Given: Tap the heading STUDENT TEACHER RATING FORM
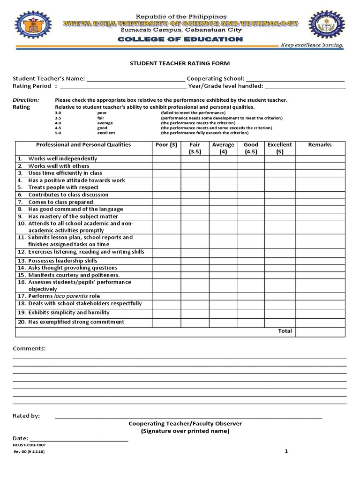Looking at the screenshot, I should pos(180,63).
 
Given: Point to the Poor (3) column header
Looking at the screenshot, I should pos(166,145).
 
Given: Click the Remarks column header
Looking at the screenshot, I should pos(320,145).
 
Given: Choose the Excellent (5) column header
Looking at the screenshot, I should pos(279,148).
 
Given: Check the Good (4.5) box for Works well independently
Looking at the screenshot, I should pos(251,159).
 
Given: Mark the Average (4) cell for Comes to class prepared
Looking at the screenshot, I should pos(223,202).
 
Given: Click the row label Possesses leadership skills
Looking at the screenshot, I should pos(63,260).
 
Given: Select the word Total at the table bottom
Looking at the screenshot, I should pos(285,331).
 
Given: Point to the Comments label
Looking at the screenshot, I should pos(29,349).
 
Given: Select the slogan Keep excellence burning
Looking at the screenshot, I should pos(312,45).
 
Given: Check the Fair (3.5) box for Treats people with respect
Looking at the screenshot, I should pos(195,187).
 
